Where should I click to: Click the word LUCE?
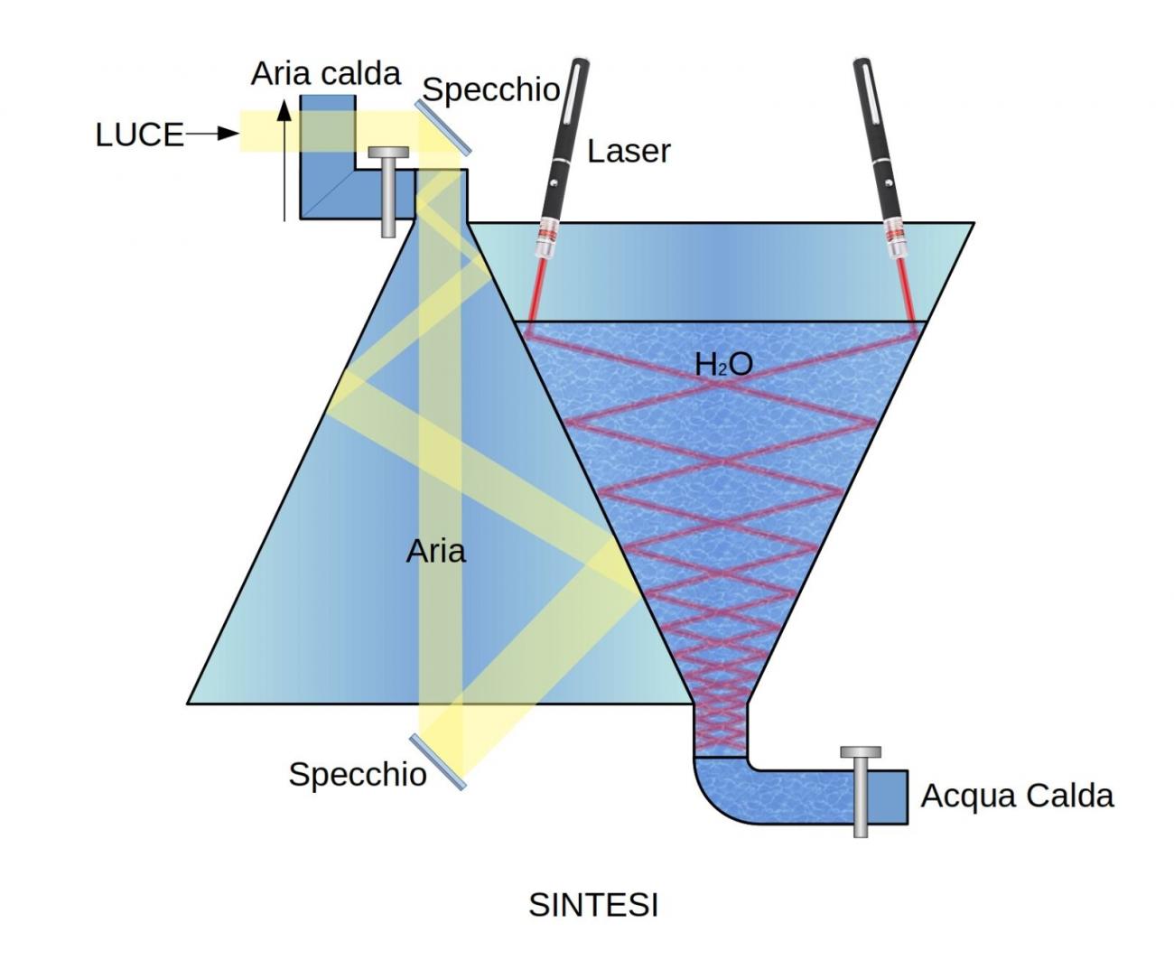click(139, 135)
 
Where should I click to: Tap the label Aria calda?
click(325, 73)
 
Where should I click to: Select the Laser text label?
click(629, 151)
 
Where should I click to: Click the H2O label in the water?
click(723, 364)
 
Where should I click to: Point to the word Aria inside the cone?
click(435, 551)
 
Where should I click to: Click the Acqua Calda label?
click(1017, 796)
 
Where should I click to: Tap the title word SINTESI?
click(593, 905)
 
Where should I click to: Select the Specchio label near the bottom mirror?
click(358, 774)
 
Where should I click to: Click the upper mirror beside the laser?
click(443, 126)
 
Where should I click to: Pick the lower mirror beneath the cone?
click(438, 762)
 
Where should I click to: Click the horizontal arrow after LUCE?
click(213, 135)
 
